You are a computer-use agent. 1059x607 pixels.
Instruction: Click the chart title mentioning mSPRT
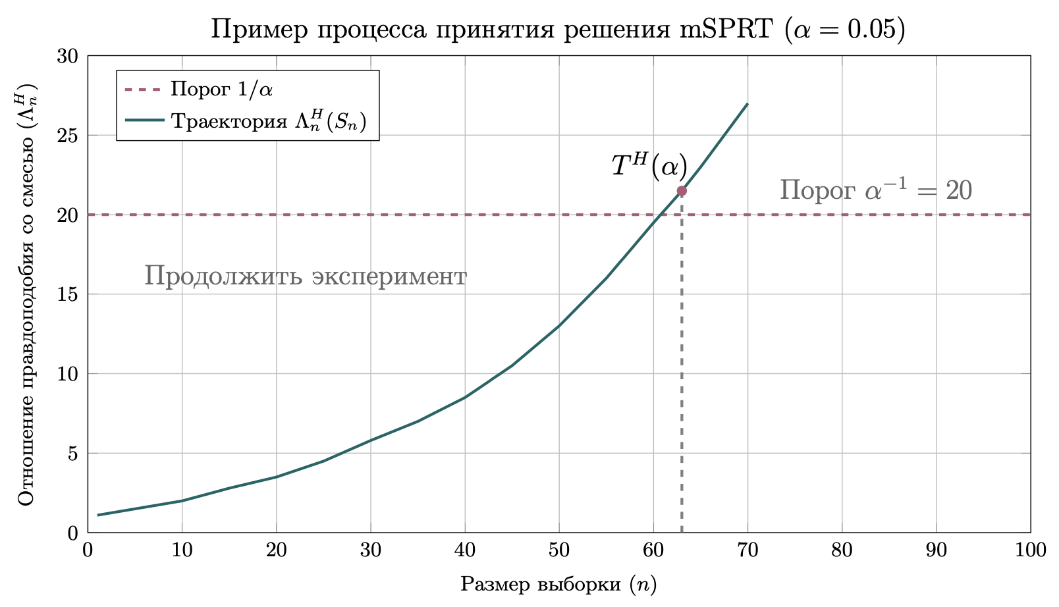[x=557, y=30]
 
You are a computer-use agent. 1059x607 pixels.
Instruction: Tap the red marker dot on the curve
[x=682, y=191]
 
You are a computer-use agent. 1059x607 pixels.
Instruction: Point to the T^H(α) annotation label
[x=649, y=167]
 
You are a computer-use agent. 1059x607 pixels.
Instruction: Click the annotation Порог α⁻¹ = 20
[x=875, y=191]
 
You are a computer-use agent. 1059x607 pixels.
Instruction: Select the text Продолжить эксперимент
[x=306, y=276]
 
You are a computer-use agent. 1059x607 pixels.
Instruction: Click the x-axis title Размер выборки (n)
[x=558, y=584]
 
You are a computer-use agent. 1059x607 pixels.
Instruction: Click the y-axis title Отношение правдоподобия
[x=26, y=295]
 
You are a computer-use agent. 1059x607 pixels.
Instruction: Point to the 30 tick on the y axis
[x=68, y=56]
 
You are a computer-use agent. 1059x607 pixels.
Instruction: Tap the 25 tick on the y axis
[x=68, y=136]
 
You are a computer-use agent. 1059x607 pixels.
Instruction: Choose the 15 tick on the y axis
[x=68, y=294]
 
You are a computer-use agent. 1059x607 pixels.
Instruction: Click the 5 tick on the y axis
[x=72, y=454]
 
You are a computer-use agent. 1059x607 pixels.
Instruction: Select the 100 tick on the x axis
[x=1030, y=550]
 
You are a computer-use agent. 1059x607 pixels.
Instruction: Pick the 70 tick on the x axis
[x=747, y=550]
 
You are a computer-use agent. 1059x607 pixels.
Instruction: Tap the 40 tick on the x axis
[x=464, y=550]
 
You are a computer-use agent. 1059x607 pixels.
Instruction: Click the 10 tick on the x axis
[x=182, y=550]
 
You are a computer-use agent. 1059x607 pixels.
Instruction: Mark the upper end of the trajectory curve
[x=747, y=104]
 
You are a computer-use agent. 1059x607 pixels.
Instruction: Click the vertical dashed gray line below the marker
[x=682, y=369]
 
